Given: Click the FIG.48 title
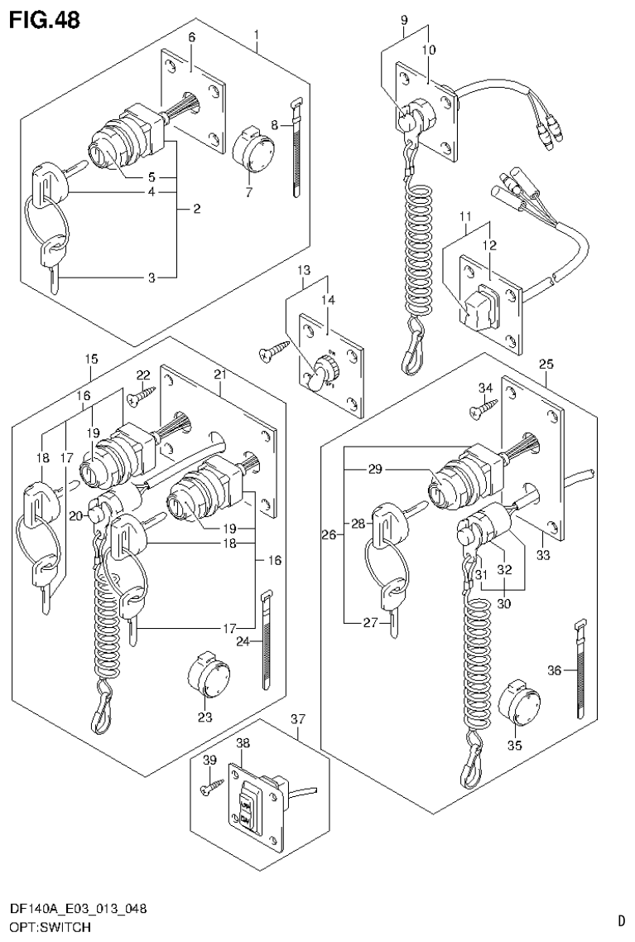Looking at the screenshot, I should click(45, 20).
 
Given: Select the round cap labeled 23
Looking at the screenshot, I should click(205, 677).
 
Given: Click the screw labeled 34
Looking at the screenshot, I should click(485, 404).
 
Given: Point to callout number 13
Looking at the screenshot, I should click(304, 270).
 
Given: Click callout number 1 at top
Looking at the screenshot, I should click(257, 35).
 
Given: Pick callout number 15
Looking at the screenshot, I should click(91, 359).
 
